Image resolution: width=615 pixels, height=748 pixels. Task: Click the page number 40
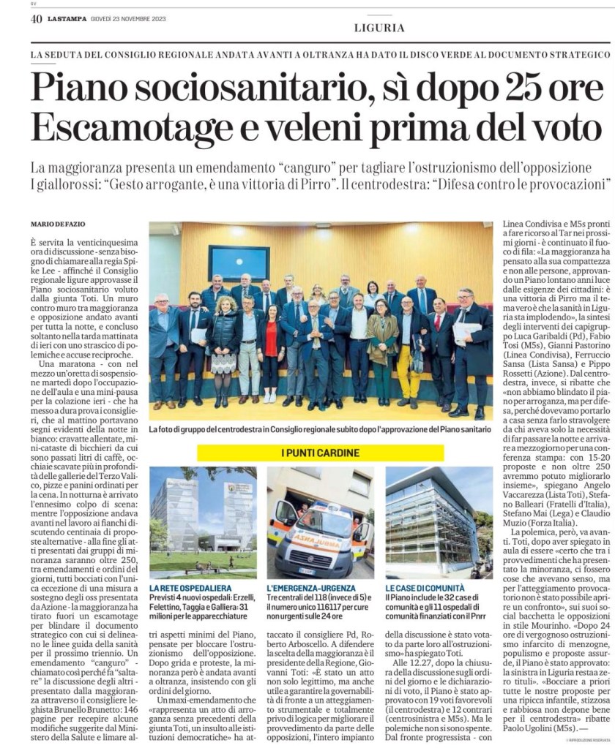pos(36,19)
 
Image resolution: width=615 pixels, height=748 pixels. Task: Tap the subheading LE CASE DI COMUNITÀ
pos(425,608)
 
